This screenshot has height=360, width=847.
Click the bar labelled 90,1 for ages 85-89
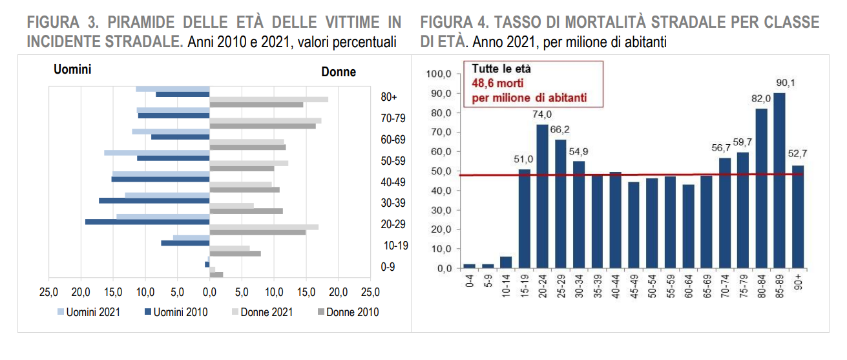point(779,180)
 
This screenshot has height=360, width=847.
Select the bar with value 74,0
point(543,196)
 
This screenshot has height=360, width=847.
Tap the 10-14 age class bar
point(506,262)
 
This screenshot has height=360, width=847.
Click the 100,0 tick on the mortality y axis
point(439,74)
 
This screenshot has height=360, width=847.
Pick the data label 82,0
point(760,100)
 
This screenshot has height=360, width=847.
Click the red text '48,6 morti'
point(497,83)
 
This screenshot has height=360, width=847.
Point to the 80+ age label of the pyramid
point(388,97)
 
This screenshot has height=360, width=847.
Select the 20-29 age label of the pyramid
point(393,224)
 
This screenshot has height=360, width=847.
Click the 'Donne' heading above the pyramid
point(339,72)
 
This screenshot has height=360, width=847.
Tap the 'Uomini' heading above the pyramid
point(72,69)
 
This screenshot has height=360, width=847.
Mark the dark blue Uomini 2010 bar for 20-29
point(147,222)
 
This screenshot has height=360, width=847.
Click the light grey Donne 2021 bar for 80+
point(269,99)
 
